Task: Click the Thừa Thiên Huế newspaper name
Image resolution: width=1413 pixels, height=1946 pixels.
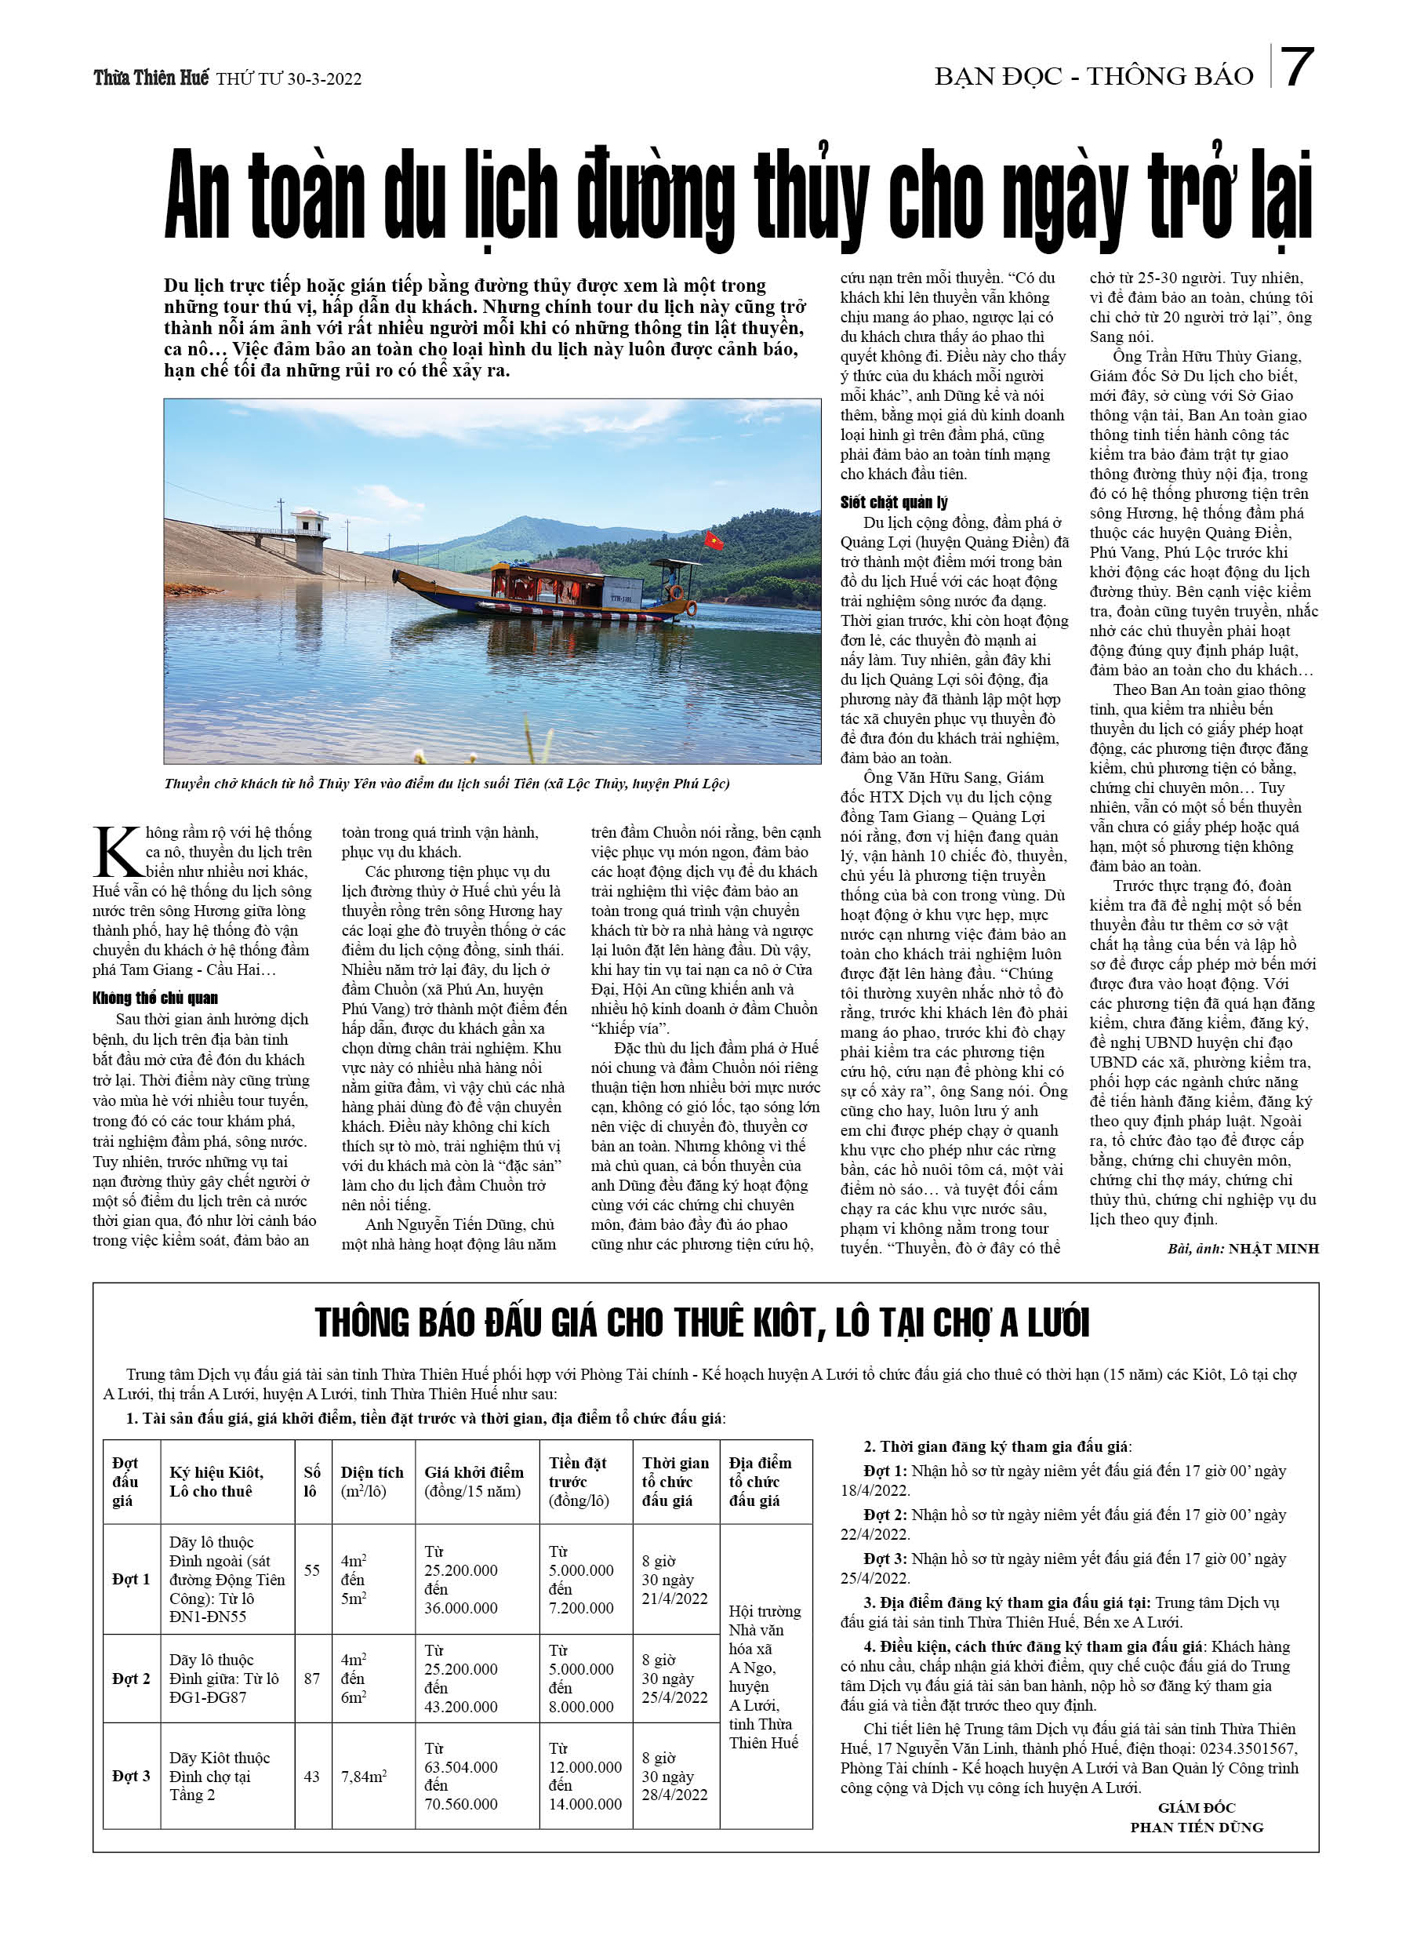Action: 151,78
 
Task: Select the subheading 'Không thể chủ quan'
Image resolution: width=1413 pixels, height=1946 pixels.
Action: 155,998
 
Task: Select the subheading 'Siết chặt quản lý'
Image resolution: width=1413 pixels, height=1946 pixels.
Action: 894,503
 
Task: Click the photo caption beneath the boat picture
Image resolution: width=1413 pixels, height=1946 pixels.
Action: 447,784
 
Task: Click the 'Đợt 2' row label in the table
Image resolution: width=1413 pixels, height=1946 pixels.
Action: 131,1679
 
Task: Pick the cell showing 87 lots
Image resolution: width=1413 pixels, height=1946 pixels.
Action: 311,1679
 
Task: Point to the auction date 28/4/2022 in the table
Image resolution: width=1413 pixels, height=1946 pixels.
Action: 675,1795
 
